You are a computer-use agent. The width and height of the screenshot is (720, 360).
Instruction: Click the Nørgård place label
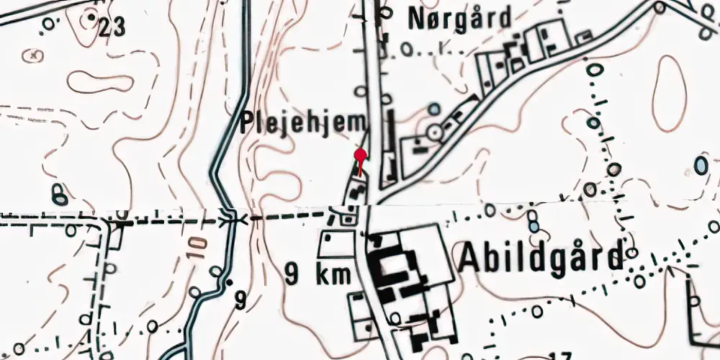tap(459, 18)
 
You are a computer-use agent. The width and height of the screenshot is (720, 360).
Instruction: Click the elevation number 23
tap(112, 27)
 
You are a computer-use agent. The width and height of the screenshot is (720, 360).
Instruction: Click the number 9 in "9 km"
tap(292, 274)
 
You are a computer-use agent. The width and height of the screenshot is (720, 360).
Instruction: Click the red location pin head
tap(361, 154)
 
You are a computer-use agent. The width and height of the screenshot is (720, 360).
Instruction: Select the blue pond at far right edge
tap(701, 165)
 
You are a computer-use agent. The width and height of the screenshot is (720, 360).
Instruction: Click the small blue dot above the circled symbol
tap(433, 109)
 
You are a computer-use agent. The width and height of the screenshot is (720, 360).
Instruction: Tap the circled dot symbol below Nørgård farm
tap(433, 132)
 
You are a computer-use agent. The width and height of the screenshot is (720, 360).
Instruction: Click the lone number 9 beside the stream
tap(240, 299)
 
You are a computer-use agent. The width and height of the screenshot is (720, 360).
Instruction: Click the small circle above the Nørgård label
tap(386, 12)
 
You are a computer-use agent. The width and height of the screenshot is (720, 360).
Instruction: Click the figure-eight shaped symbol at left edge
tap(59, 194)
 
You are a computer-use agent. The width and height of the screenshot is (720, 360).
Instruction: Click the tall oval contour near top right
tap(669, 93)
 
